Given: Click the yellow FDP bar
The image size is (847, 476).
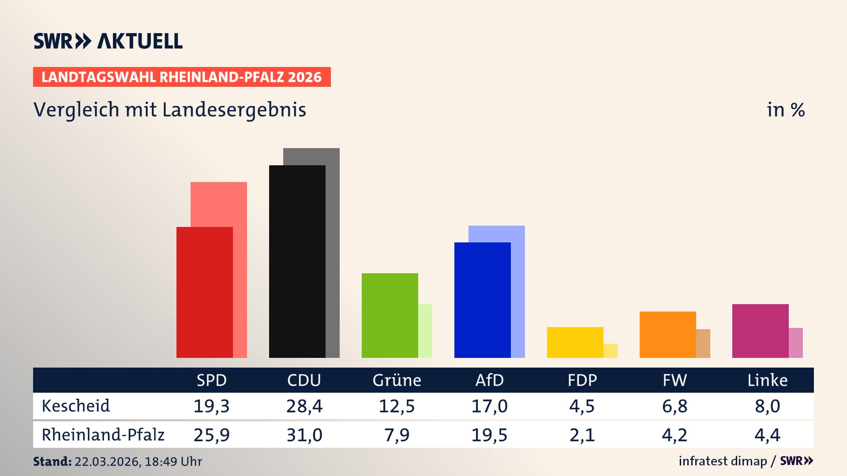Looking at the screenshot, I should [575, 342].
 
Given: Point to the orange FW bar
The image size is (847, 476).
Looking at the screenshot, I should [667, 335].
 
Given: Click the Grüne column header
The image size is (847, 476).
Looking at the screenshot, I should [397, 380].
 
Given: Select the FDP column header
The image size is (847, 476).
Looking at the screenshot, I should [582, 380].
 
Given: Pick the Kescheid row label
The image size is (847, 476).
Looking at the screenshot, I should [75, 406].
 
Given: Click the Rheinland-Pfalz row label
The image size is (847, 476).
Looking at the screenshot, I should [103, 435].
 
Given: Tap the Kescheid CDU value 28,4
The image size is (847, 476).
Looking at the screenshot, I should [304, 406].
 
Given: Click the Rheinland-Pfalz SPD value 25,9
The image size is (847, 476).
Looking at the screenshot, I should [211, 435].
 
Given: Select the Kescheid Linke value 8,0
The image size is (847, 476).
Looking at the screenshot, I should [767, 406].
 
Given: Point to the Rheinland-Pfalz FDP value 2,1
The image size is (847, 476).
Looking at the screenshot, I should [582, 435].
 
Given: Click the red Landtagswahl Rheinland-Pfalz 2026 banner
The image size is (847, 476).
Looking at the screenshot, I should [182, 77].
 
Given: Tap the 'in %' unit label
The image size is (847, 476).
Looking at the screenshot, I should [786, 110].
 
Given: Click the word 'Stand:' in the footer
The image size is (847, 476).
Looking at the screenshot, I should [52, 461].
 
